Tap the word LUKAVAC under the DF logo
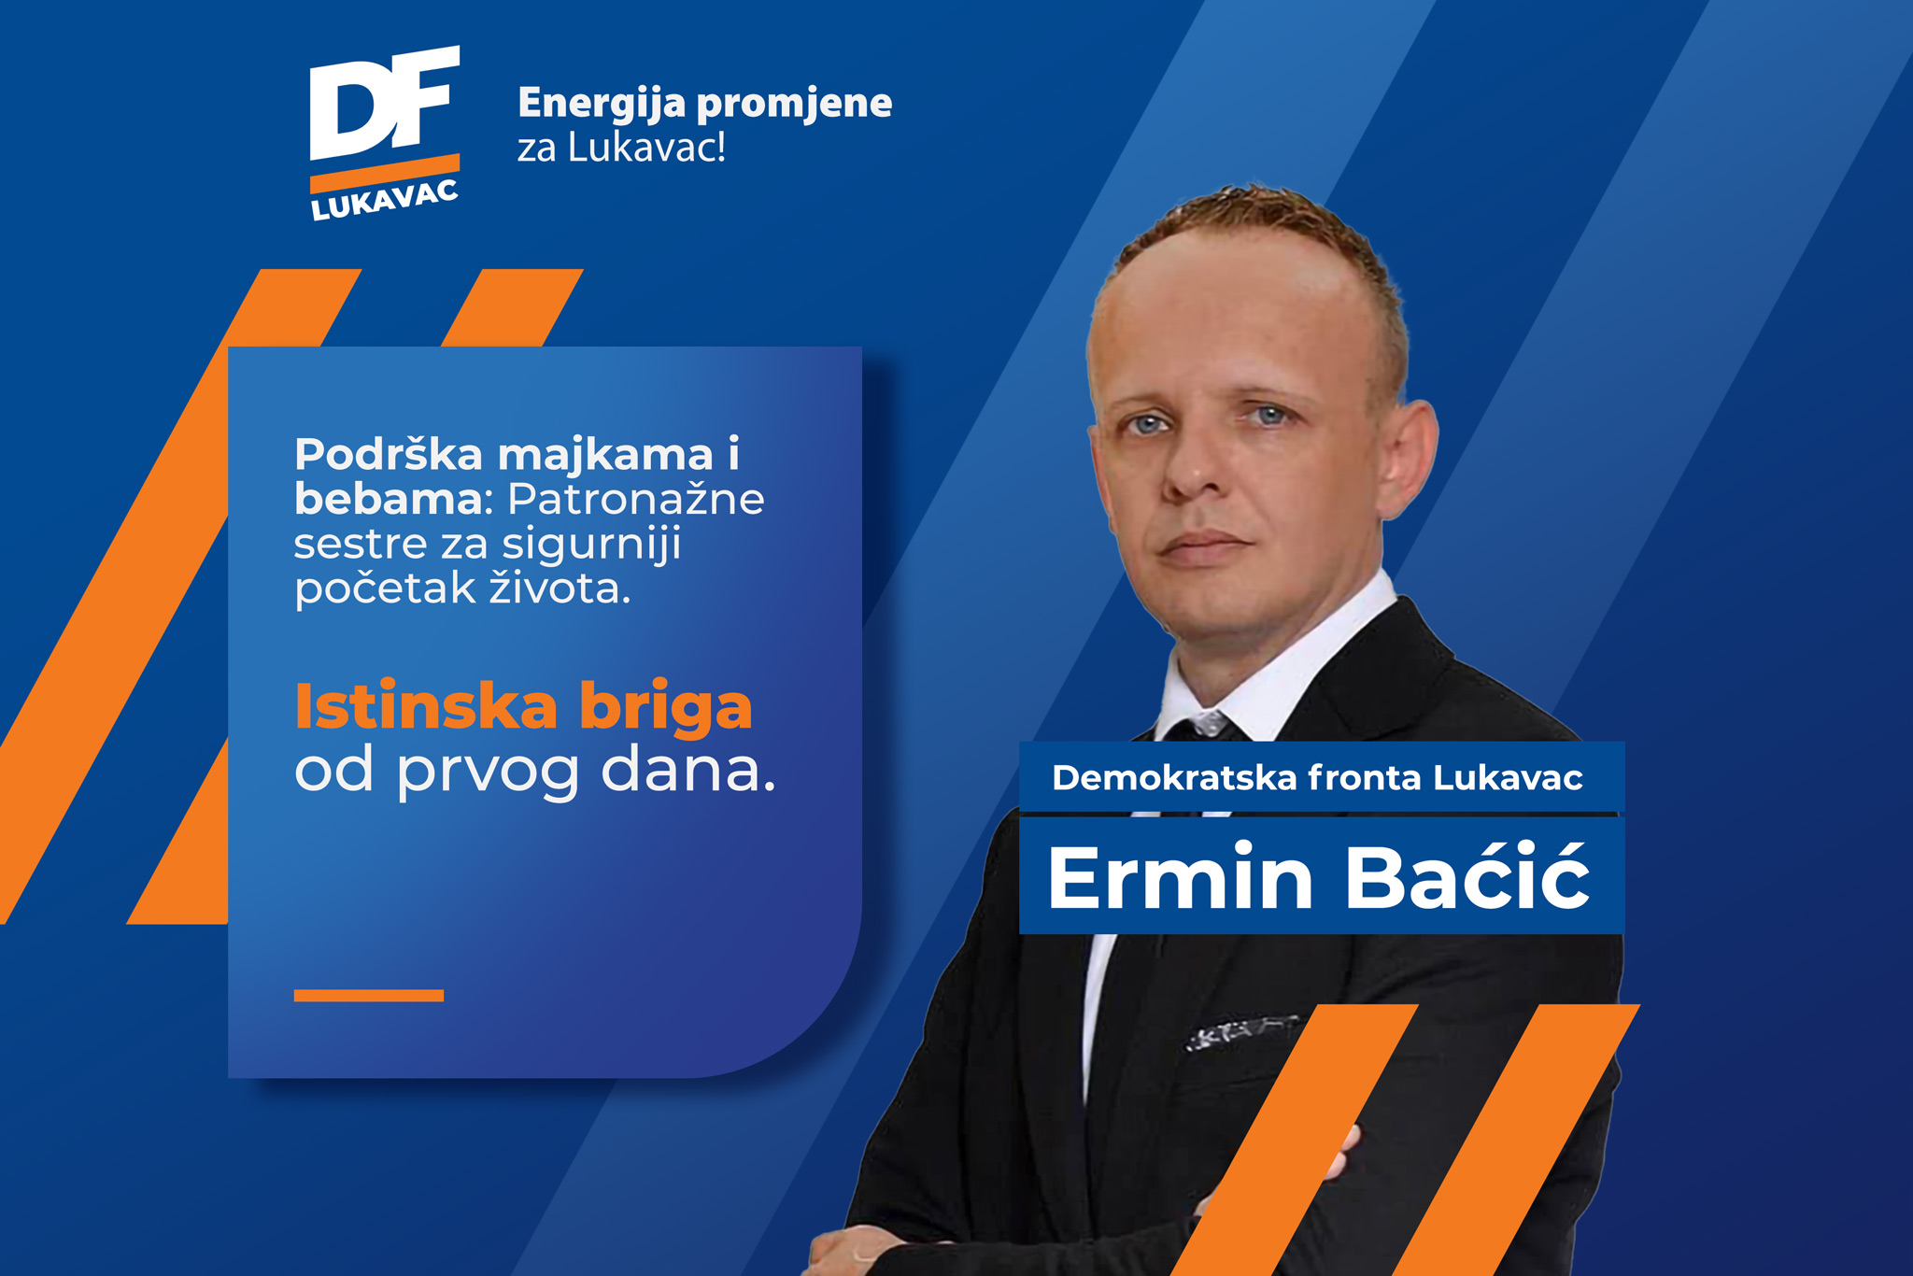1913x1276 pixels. tap(384, 200)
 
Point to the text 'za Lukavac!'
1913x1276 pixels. tap(622, 148)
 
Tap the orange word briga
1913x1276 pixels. tap(666, 707)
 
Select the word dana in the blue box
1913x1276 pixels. tap(688, 769)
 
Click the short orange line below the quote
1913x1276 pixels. tap(369, 996)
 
